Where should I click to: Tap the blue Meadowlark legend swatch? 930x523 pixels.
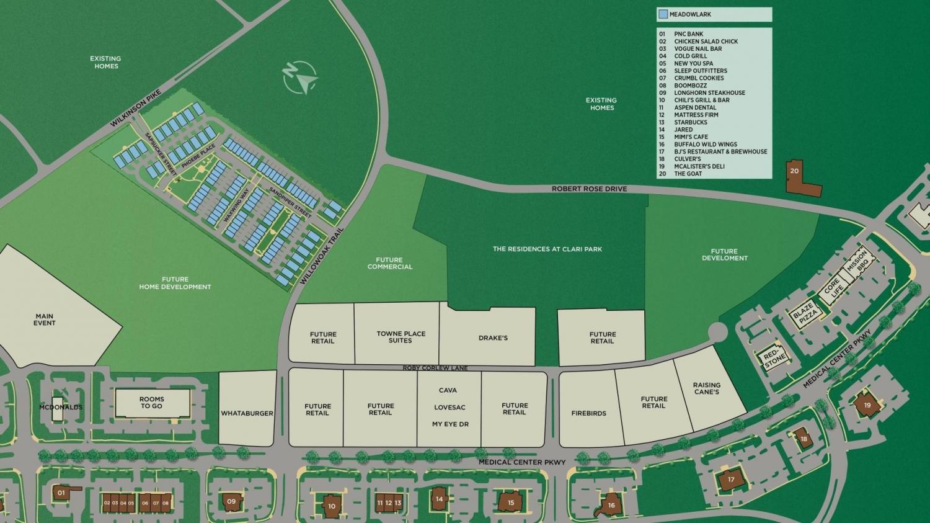(663, 14)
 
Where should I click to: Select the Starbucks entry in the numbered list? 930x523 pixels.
(691, 122)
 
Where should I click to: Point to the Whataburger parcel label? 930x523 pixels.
(247, 413)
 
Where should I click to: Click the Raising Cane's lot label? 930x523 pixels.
(706, 388)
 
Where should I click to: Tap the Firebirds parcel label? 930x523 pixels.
(588, 413)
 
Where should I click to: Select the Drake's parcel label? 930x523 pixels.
(493, 338)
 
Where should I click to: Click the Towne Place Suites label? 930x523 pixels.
(401, 337)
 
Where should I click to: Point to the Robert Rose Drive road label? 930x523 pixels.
(589, 189)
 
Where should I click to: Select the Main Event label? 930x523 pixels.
(45, 320)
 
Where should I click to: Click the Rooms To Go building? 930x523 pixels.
(151, 403)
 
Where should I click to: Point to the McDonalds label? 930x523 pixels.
(60, 408)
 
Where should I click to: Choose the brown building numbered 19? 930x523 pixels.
(867, 406)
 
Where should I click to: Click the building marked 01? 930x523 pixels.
(61, 493)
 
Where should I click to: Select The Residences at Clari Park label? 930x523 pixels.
(547, 249)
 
